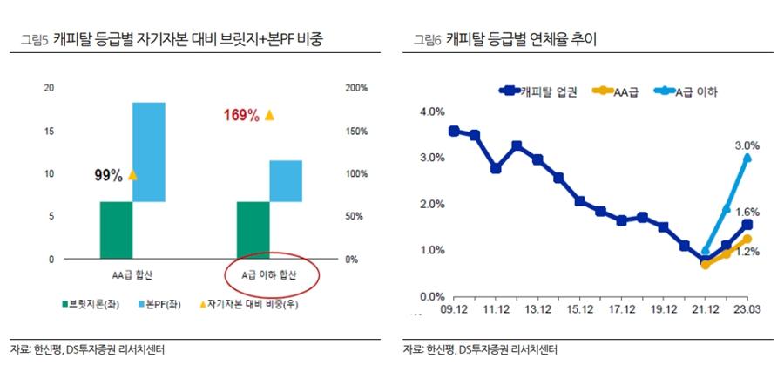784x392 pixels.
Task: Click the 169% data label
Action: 241,116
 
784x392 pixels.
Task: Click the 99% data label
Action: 108,176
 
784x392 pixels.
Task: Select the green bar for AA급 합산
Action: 116,230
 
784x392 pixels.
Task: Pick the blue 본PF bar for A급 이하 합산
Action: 286,180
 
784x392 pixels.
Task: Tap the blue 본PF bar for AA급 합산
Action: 149,152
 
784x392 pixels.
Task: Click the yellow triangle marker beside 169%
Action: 269,115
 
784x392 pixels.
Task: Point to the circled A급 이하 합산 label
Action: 269,275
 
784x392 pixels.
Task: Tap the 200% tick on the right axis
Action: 356,88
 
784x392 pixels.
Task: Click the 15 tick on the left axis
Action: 49,131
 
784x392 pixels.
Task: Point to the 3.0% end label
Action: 747,145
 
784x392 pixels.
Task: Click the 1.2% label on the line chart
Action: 747,251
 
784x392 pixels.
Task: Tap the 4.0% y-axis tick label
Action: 432,112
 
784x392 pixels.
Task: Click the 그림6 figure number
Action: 427,39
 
